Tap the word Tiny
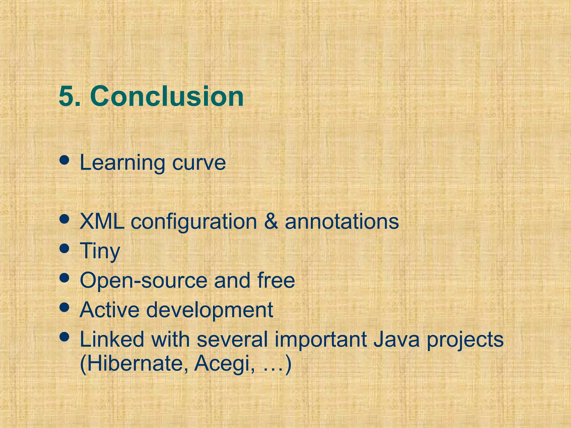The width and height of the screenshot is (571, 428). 100,251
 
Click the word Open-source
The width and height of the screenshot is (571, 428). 143,280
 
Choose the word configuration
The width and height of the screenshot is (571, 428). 194,222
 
